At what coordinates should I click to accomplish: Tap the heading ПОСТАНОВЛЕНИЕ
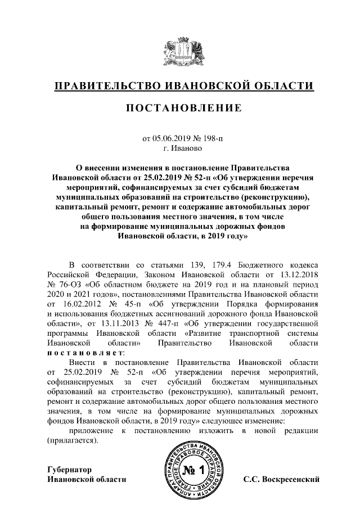[x=179, y=107]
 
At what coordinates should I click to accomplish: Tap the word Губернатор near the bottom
[x=69, y=469]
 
